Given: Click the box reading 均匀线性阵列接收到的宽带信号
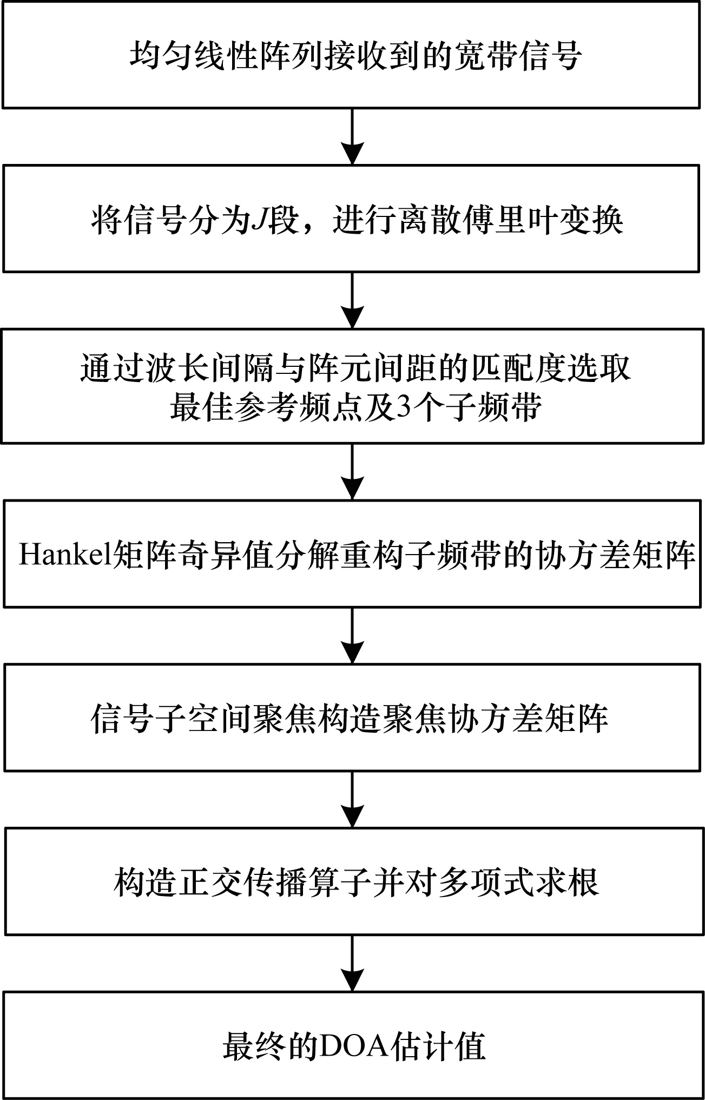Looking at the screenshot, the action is coord(352,54).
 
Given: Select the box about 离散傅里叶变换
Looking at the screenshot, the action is coord(352,218).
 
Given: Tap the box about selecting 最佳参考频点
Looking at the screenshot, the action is coord(352,386).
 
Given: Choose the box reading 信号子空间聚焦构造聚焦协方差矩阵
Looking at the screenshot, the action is coord(352,717).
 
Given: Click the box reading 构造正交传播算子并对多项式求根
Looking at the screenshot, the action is coord(352,881).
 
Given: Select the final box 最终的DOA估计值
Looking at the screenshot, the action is coord(352,1044).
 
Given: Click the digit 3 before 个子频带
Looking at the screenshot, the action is coord(404,405).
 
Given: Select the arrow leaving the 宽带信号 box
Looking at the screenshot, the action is coord(352,136).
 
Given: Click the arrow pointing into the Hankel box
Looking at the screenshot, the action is coord(352,472).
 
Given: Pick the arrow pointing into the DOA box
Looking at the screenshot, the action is coord(352,963).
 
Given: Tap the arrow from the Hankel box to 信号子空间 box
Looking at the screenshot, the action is coord(352,635).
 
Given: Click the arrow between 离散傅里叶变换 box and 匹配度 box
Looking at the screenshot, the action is coord(352,300).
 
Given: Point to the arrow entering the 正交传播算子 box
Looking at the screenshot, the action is coord(352,799).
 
